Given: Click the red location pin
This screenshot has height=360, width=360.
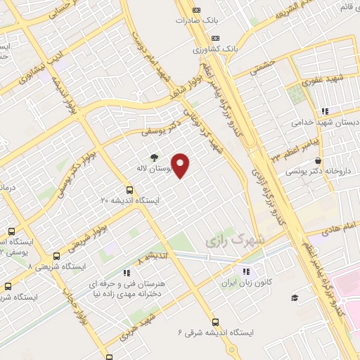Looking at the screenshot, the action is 181,165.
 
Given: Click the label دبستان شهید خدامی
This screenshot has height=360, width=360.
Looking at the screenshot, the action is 324,122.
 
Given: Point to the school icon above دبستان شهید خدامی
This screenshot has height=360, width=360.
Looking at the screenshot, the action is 324,110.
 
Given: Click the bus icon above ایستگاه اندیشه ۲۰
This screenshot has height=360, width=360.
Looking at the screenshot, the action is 129,189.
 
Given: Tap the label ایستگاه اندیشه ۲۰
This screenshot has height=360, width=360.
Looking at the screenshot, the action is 130,200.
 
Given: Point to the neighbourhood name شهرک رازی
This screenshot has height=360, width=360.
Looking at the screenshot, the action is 236,240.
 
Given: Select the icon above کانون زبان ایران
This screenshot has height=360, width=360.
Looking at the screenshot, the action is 245,271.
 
